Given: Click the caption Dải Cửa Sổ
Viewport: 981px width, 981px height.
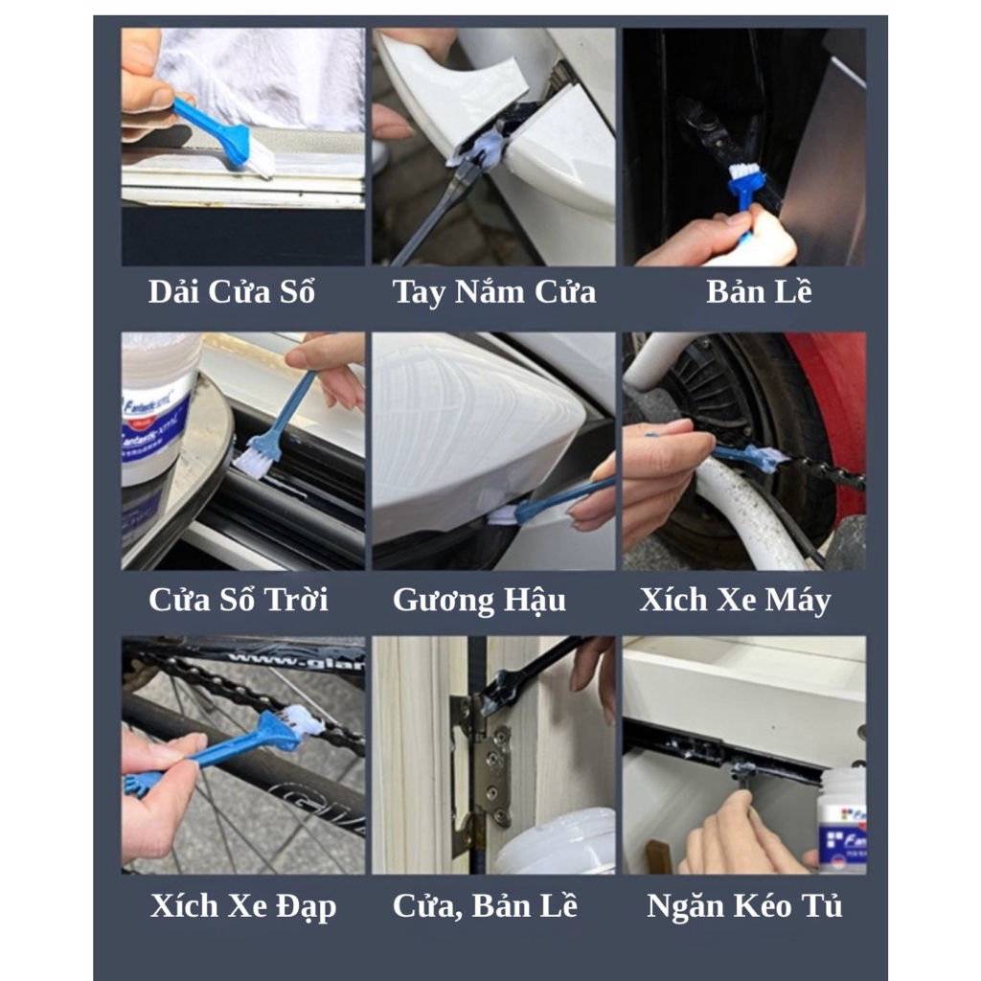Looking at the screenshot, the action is [x=232, y=291].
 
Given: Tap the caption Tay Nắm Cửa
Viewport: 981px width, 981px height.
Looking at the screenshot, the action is [x=494, y=292].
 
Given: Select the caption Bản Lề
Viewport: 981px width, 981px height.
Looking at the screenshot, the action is [x=759, y=291].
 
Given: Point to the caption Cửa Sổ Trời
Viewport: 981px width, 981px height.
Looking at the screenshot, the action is [x=239, y=600].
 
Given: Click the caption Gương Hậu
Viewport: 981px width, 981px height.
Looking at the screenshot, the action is [x=479, y=601].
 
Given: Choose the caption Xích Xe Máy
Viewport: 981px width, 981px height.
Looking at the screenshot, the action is [x=735, y=600].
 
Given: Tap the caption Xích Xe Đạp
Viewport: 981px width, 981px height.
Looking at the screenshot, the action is [x=243, y=906].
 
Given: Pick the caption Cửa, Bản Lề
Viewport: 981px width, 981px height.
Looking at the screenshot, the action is [x=485, y=906].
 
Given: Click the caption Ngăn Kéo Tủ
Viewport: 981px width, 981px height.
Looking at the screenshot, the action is [x=744, y=906].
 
